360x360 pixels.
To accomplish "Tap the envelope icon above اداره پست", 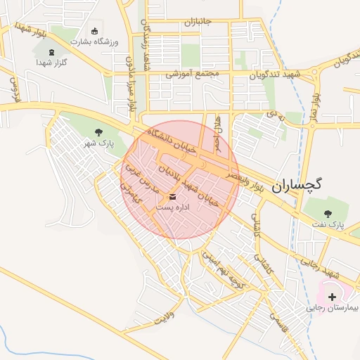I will pos(173,196).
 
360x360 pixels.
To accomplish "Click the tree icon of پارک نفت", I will pos(327,213).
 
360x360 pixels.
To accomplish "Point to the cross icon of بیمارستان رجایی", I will pos(332,297).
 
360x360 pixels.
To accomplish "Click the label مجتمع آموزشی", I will pos(193,73).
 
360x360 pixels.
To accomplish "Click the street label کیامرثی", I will pos(131,191).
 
